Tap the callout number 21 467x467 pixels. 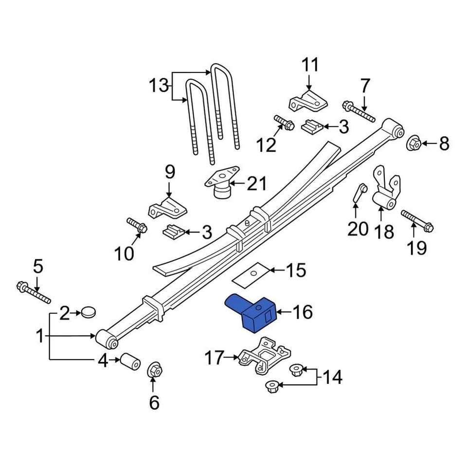(x=257, y=184)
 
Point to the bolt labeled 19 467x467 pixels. (x=416, y=220)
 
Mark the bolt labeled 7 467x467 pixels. (x=359, y=111)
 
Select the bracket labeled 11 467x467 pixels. (x=307, y=100)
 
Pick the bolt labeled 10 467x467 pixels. (x=136, y=225)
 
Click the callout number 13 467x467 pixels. (x=158, y=87)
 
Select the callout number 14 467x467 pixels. (x=333, y=377)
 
